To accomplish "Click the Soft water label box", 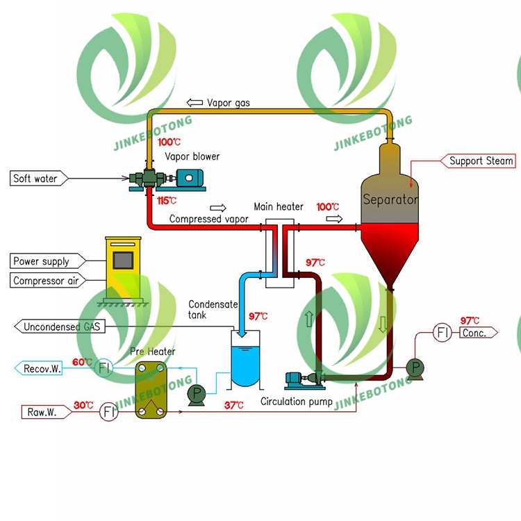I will [x=35, y=179].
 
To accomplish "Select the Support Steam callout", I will [x=480, y=161].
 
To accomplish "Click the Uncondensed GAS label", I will [x=61, y=326].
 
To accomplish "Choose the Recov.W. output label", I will [x=42, y=369].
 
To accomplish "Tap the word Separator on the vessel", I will [x=391, y=199].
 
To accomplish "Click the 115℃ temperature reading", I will [x=167, y=201].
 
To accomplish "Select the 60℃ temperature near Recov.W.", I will [x=82, y=362].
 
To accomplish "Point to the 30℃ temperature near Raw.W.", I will [x=85, y=405].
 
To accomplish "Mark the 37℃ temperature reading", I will [x=234, y=405].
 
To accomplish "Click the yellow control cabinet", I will [x=122, y=267].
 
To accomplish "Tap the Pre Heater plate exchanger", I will [x=151, y=390].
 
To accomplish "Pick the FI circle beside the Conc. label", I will [x=443, y=333].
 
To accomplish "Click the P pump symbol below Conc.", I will [x=415, y=367].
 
